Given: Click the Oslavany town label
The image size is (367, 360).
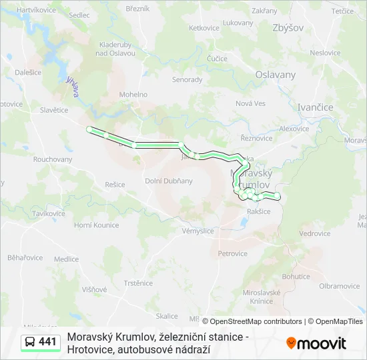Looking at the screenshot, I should pyautogui.click(x=276, y=75).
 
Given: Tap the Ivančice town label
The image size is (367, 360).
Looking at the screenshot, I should pyautogui.click(x=314, y=107).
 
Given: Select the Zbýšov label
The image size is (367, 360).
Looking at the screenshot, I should pyautogui.click(x=288, y=28).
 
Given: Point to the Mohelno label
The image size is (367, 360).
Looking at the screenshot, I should pyautogui.click(x=133, y=95).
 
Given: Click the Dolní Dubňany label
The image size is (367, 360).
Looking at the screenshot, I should pyautogui.click(x=169, y=181).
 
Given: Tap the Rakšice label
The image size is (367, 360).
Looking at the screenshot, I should pyautogui.click(x=259, y=211).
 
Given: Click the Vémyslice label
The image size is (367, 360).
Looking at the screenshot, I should pyautogui.click(x=198, y=231).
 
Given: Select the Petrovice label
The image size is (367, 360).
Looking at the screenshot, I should pyautogui.click(x=232, y=253).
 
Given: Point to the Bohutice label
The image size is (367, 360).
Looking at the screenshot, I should pyautogui.click(x=296, y=276).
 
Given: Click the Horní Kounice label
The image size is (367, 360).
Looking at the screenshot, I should pyautogui.click(x=96, y=225).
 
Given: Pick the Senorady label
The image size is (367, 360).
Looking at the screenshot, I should pyautogui.click(x=188, y=79).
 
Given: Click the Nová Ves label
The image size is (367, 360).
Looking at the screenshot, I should pyautogui.click(x=250, y=103).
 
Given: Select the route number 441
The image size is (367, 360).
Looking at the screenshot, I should pyautogui.click(x=47, y=342).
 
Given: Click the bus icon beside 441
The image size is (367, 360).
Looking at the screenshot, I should pyautogui.click(x=31, y=342).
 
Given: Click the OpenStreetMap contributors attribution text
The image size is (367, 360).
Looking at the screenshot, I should pyautogui.click(x=252, y=321).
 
